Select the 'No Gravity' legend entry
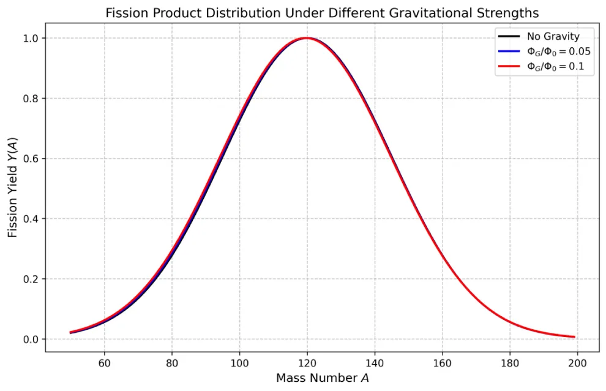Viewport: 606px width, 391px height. pos(553,37)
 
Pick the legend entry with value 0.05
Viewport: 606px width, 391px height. pos(558,52)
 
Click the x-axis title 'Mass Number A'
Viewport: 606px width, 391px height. pos(322,378)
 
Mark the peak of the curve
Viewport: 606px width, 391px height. pos(307,38)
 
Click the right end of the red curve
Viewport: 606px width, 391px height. pos(574,337)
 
